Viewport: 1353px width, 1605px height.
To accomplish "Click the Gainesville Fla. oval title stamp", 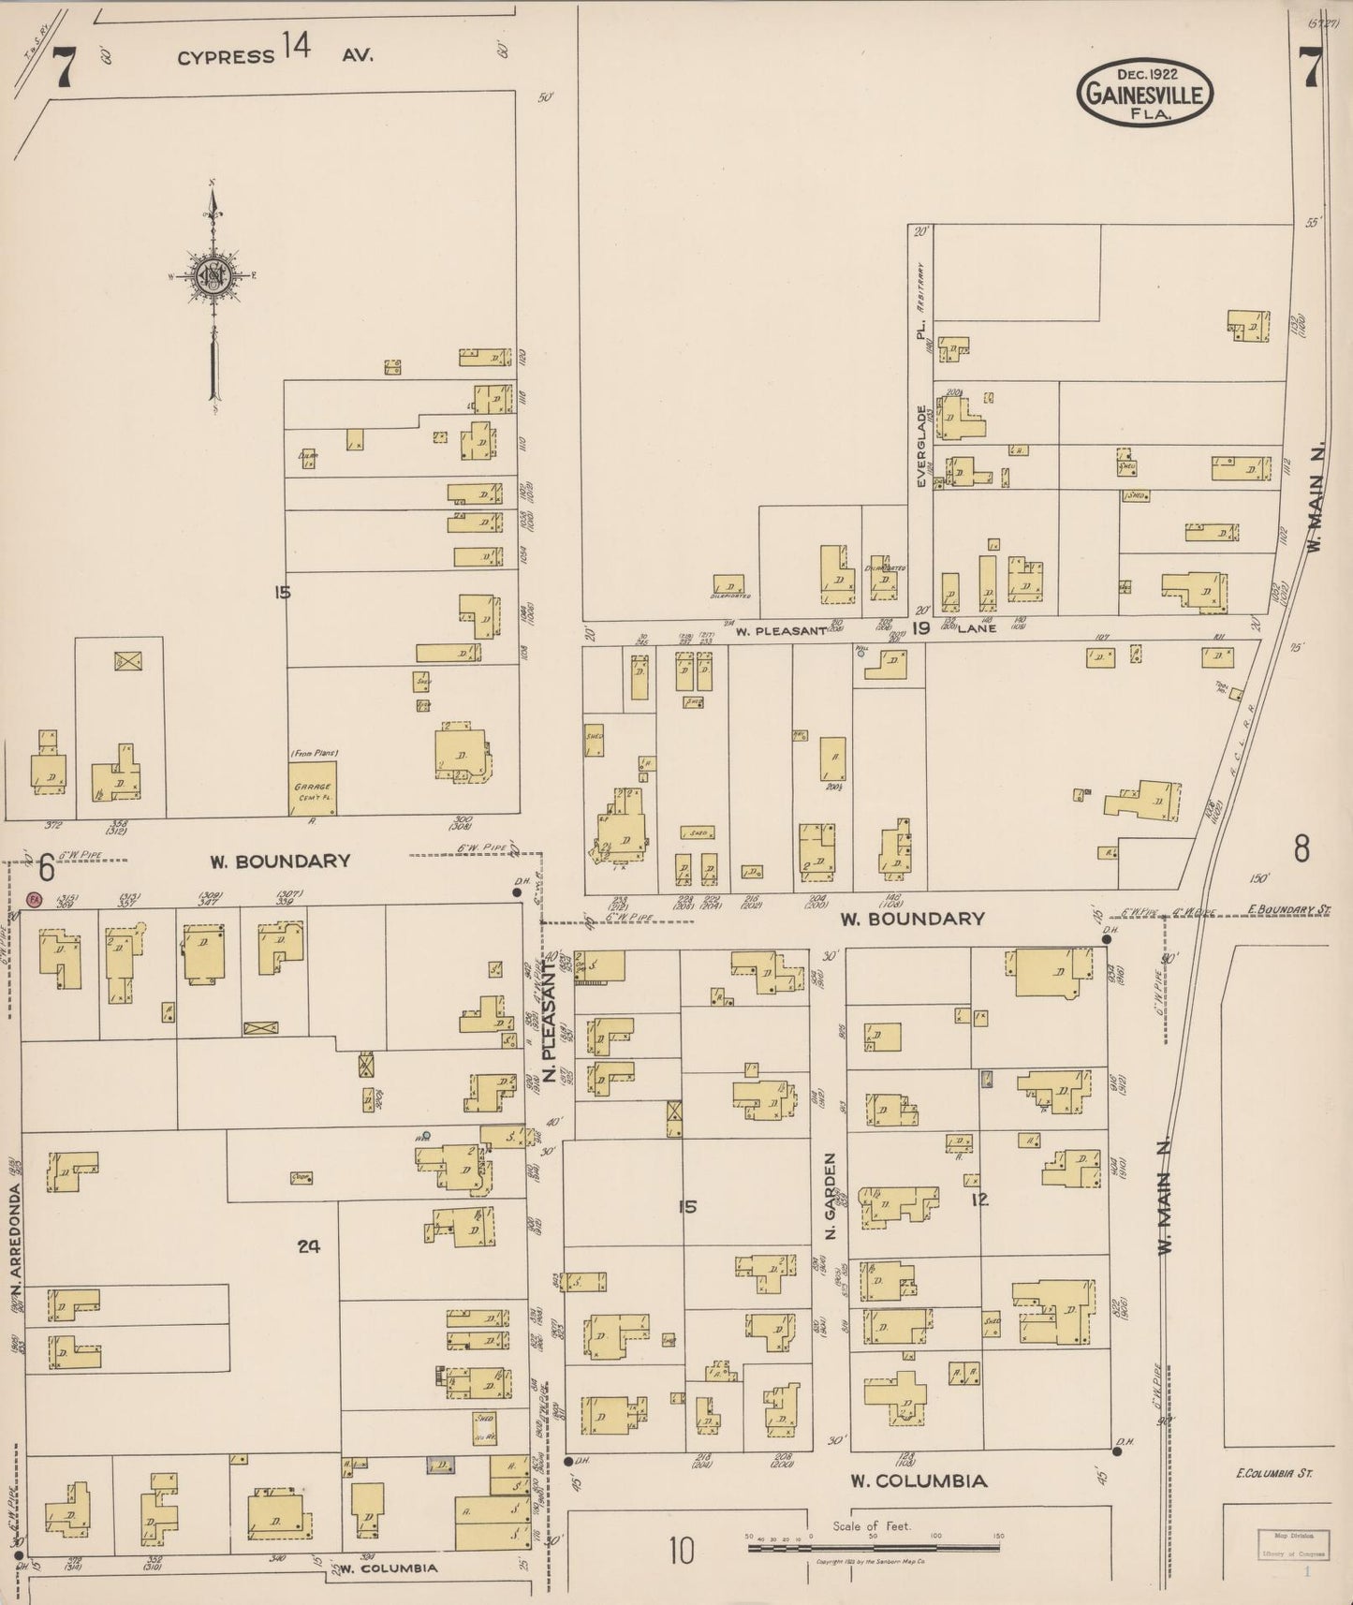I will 1145,92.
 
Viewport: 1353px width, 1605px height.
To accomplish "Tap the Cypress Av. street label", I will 276,56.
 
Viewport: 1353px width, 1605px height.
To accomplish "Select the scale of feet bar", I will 874,1548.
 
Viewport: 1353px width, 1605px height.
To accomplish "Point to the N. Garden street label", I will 830,1208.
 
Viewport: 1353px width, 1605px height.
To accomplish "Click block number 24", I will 309,1245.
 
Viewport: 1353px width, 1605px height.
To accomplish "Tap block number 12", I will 979,1199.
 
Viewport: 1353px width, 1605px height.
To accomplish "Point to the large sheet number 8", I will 1301,848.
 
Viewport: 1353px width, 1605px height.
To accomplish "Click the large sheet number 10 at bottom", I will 681,1551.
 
